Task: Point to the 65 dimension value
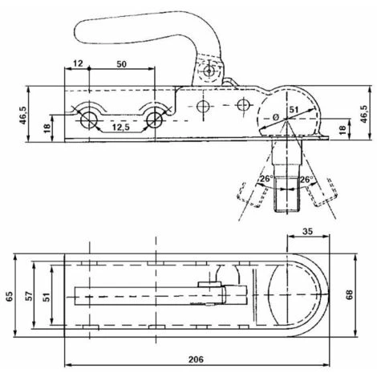pyautogui.click(x=9, y=294)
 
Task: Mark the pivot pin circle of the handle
pyautogui.click(x=209, y=70)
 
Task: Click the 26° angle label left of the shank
pyautogui.click(x=265, y=179)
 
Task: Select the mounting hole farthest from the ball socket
pyautogui.click(x=88, y=120)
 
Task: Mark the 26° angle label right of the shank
pyautogui.click(x=306, y=179)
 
